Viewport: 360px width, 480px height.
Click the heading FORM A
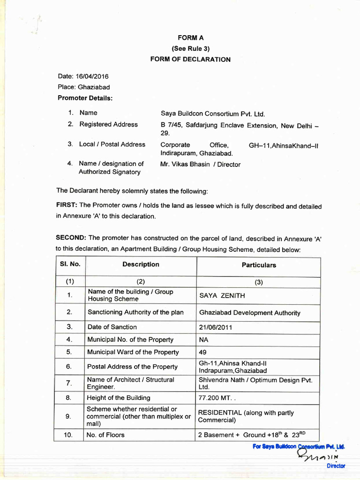coord(190,37)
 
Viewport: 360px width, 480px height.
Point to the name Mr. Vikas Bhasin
coord(186,165)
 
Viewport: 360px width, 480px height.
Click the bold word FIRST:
coord(67,206)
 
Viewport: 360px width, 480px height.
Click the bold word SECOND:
coord(71,238)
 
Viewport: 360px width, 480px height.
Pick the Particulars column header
coord(259,265)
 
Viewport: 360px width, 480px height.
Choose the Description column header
coord(141,264)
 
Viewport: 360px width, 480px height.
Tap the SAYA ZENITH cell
coord(222,296)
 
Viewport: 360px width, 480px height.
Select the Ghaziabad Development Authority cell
coord(250,313)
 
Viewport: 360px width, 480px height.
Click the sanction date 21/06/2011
coord(216,328)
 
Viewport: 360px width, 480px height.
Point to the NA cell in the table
coord(203,340)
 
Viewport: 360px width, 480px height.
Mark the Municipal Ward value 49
coord(203,352)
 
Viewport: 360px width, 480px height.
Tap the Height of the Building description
coord(119,398)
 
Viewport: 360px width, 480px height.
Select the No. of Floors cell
coord(106,435)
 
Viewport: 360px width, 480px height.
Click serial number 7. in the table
coord(69,383)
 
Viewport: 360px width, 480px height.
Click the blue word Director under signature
coord(336,466)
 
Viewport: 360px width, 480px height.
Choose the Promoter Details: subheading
coord(85,98)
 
